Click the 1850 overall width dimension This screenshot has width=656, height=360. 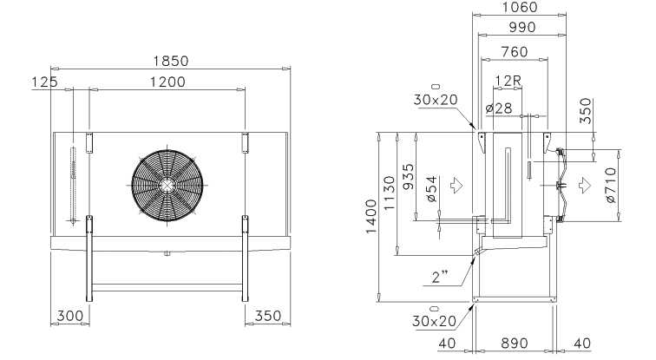[x=171, y=62]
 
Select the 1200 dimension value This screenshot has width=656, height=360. [x=167, y=82]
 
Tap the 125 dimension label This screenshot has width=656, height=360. [x=45, y=82]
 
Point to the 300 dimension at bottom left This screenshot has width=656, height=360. [x=70, y=316]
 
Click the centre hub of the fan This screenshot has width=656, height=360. [x=167, y=186]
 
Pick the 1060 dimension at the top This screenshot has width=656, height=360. [x=519, y=7]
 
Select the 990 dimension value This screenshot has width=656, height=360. [x=522, y=27]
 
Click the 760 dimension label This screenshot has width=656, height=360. [x=515, y=52]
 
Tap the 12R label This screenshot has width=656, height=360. [x=508, y=81]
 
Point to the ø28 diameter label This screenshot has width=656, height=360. [x=499, y=108]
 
